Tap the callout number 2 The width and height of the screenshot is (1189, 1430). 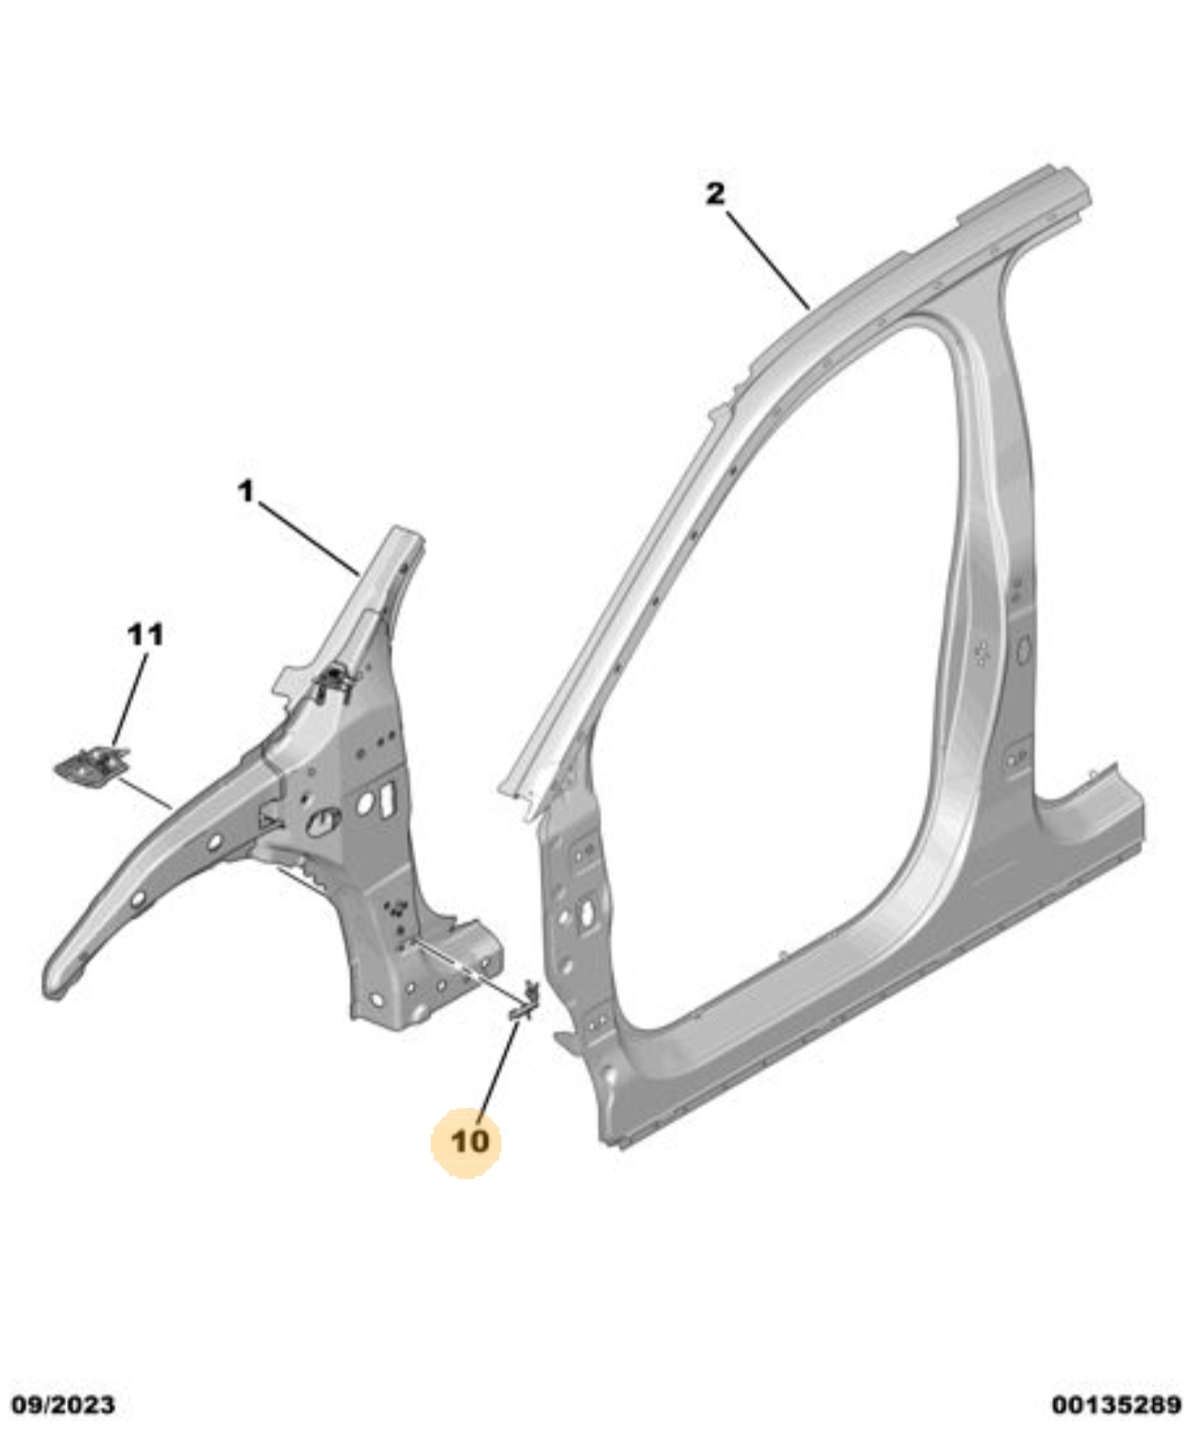715,193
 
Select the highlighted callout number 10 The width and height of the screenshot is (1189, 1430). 470,1141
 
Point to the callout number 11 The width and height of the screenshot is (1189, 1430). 146,635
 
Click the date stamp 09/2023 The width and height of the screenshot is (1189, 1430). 64,1406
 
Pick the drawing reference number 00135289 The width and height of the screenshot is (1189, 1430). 1117,1406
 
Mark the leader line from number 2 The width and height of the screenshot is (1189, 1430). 768,261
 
